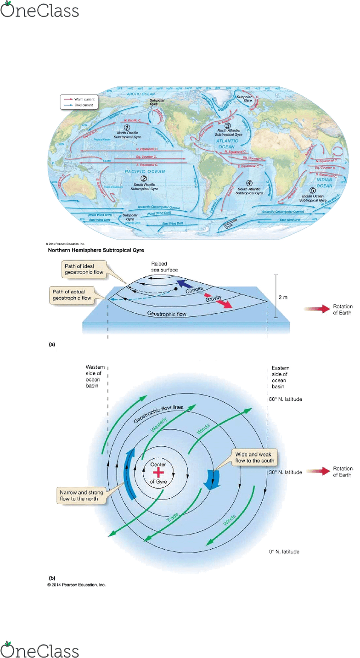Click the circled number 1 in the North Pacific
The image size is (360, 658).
point(127,127)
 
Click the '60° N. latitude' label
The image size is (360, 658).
point(286,399)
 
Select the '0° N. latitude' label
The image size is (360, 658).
point(285,551)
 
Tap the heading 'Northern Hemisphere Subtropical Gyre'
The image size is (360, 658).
point(96,250)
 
